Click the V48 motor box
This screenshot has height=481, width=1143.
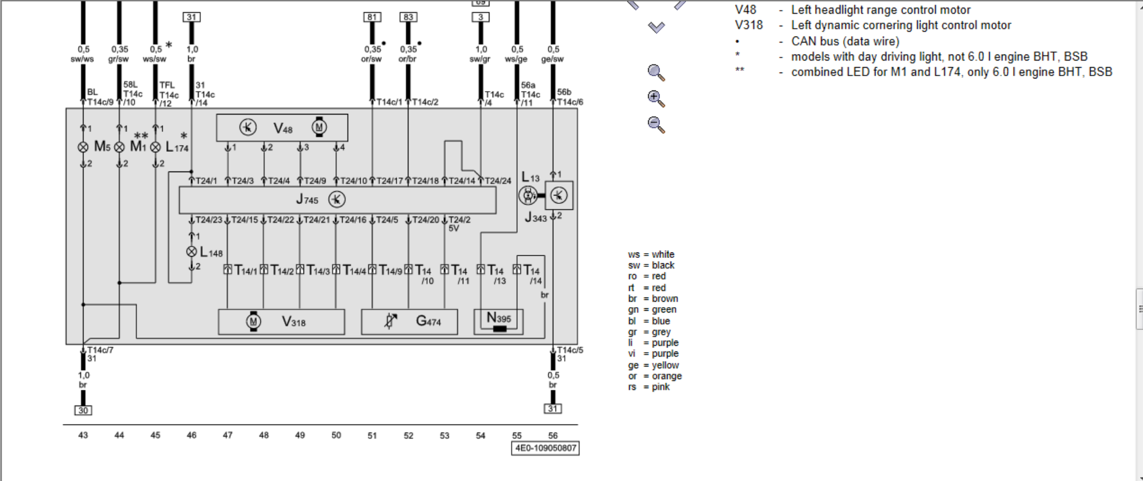pyautogui.click(x=282, y=128)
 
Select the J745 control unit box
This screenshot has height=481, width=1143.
pyautogui.click(x=337, y=200)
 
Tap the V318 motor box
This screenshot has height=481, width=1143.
pyautogui.click(x=281, y=322)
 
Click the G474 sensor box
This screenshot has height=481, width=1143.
pyautogui.click(x=409, y=322)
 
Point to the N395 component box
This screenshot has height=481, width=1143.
pyautogui.click(x=499, y=321)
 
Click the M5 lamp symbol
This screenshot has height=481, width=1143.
pyautogui.click(x=83, y=147)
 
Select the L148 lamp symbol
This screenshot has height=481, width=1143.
pyautogui.click(x=192, y=252)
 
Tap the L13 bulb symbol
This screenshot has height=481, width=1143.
pyautogui.click(x=528, y=195)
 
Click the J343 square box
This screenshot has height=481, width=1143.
pyautogui.click(x=559, y=195)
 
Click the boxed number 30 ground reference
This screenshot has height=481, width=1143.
pyautogui.click(x=83, y=410)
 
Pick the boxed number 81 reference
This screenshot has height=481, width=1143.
pyautogui.click(x=372, y=17)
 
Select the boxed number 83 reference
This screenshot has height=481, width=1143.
pyautogui.click(x=408, y=17)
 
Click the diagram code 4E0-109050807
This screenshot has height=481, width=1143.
pyautogui.click(x=545, y=448)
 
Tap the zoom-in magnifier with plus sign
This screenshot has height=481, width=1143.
pyautogui.click(x=656, y=98)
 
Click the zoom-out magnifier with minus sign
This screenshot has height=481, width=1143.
pyautogui.click(x=656, y=125)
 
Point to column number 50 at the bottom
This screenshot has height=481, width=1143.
pyautogui.click(x=336, y=435)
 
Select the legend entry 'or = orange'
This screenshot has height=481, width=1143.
pyautogui.click(x=655, y=376)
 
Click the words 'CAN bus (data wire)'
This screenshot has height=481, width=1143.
pyautogui.click(x=845, y=41)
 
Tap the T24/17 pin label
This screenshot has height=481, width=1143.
pyautogui.click(x=389, y=181)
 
